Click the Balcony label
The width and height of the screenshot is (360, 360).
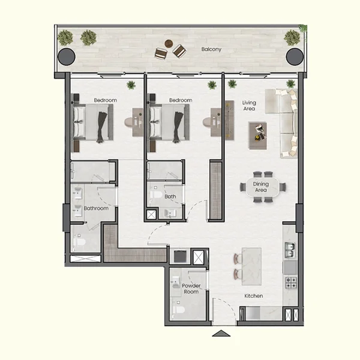coord(211,49)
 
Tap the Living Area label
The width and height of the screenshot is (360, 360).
coord(249,106)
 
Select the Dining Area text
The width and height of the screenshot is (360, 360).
coord(260,187)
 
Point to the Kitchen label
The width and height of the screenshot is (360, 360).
coord(254,296)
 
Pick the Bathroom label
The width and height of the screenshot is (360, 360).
coord(96,208)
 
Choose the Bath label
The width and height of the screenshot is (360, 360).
coord(170,196)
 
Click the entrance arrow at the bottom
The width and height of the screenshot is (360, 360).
coord(221,333)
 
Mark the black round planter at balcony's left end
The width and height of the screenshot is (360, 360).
coord(66,56)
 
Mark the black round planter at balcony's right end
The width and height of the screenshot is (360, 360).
coord(293,56)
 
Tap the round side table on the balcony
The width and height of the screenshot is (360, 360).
coord(169,43)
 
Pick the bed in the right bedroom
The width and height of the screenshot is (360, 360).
coord(169,122)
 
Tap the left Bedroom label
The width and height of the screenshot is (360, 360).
coord(105,100)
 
